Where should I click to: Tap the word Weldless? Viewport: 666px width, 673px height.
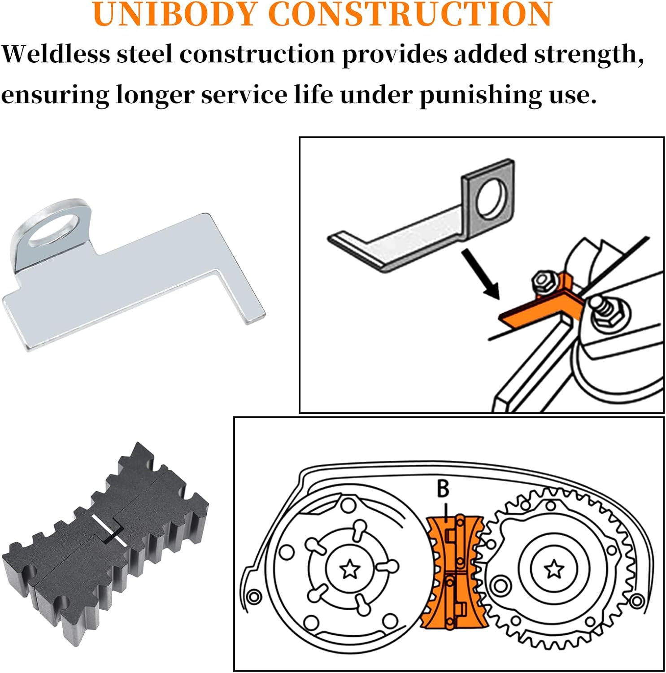(x=56, y=54)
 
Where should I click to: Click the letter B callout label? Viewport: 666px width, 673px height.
(x=443, y=489)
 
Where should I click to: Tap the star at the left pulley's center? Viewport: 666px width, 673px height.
(x=350, y=570)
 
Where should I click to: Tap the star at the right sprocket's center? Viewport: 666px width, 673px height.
(x=554, y=569)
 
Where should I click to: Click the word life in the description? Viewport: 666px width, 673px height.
(x=313, y=94)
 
